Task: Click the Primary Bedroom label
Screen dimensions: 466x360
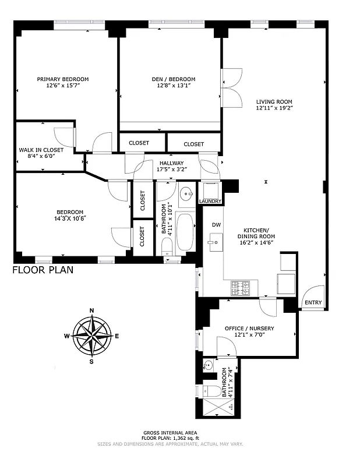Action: (63, 79)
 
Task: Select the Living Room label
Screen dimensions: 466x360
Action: (274, 101)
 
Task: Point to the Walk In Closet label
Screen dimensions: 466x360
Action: (41, 150)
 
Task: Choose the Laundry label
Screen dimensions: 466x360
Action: (210, 202)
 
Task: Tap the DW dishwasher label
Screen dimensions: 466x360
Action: (216, 224)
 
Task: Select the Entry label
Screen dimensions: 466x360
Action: (313, 302)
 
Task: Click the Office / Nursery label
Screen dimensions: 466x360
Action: (249, 329)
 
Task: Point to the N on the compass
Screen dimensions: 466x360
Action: (91, 310)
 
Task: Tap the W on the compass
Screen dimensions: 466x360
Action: (67, 336)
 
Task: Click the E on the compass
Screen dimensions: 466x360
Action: (117, 336)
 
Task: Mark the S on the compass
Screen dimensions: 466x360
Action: (91, 361)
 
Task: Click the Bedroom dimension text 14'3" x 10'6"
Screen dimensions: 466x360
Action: (70, 218)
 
